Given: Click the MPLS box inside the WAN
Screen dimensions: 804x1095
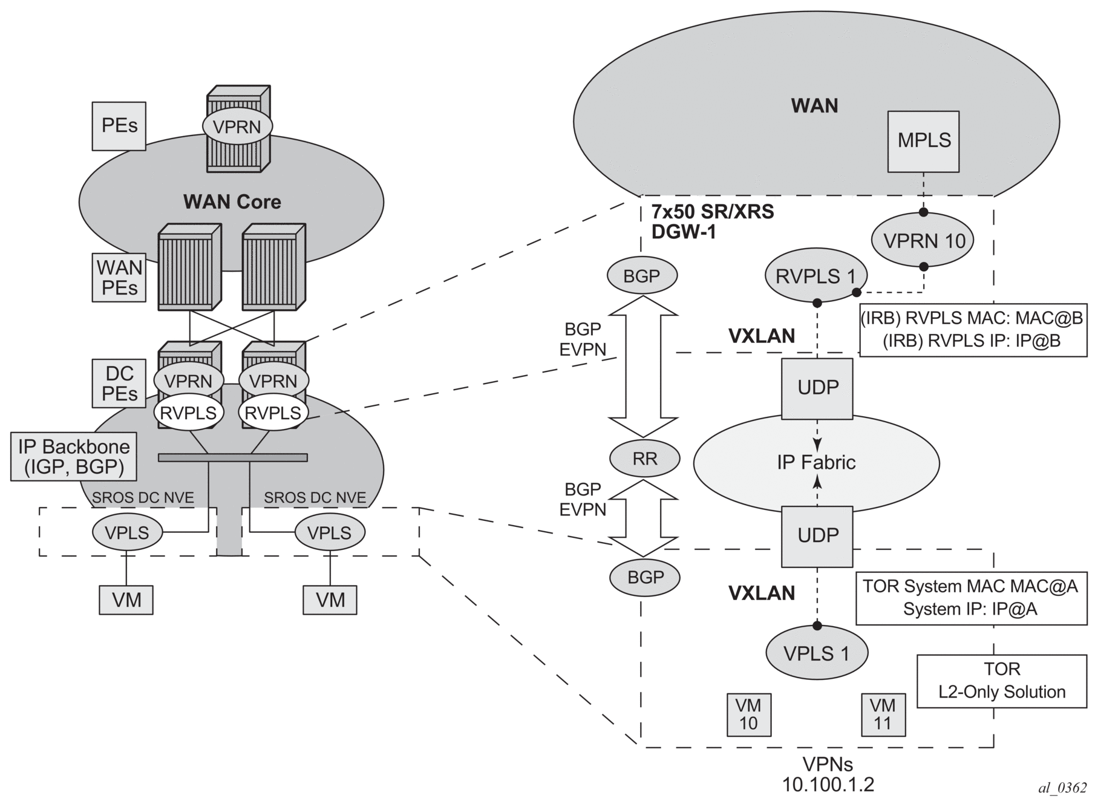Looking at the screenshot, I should (x=923, y=141).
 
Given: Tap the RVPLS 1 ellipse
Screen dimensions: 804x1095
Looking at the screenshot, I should (x=816, y=276).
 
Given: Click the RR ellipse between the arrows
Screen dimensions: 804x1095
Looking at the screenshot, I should (x=645, y=459).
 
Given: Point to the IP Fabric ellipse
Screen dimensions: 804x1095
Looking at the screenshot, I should (x=816, y=463).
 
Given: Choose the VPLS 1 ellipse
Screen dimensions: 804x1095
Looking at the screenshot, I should (x=817, y=653).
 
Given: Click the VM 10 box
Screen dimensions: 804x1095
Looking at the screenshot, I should (x=749, y=714).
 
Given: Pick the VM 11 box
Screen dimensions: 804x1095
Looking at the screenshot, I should (x=883, y=714).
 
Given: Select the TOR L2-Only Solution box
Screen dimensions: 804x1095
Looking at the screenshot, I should (x=1002, y=681).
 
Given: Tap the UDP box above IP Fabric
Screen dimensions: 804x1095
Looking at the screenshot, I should (x=817, y=388).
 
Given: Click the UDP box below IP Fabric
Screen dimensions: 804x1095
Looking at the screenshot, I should (x=817, y=536).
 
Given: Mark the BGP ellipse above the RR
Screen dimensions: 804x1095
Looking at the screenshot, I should (x=642, y=276).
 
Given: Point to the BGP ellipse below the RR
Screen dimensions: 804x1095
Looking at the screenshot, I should (x=646, y=577).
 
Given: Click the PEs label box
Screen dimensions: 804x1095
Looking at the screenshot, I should (x=119, y=126).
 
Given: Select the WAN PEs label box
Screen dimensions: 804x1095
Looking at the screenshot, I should (x=119, y=278).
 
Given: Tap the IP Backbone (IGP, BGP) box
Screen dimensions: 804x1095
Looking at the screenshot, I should (x=74, y=457).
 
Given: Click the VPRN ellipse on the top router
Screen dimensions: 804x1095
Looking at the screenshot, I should (x=237, y=127).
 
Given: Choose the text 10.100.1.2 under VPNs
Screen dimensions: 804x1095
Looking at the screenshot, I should (x=828, y=785).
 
